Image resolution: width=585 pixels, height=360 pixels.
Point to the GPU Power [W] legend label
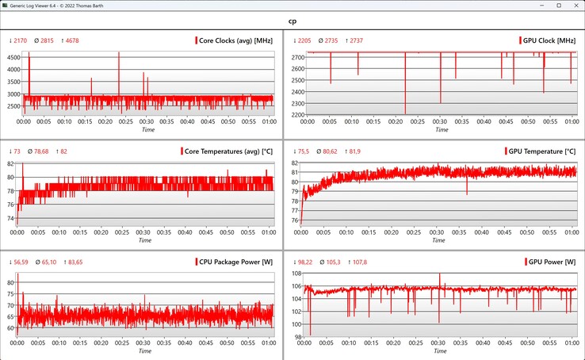click(546, 261)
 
